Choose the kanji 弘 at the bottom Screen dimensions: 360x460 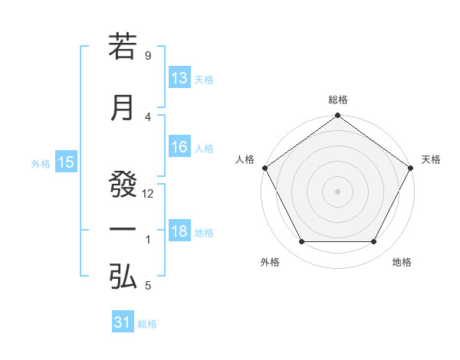click(123, 277)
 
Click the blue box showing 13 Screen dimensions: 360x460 click(179, 78)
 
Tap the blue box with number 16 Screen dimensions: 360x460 click(179, 147)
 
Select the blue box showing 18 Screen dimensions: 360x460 click(179, 232)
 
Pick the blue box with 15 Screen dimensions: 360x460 click(66, 162)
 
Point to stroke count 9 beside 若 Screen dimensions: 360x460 click(148, 55)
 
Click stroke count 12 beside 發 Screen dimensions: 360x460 click(148, 194)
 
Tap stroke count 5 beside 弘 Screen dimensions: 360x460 click(148, 286)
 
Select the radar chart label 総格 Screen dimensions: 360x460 click(338, 100)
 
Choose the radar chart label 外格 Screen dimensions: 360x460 click(270, 262)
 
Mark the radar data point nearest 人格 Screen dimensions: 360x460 click(264, 168)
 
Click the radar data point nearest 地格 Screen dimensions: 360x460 click(374, 242)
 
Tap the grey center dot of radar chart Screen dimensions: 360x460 click(338, 191)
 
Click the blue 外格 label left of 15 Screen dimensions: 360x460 click(41, 163)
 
